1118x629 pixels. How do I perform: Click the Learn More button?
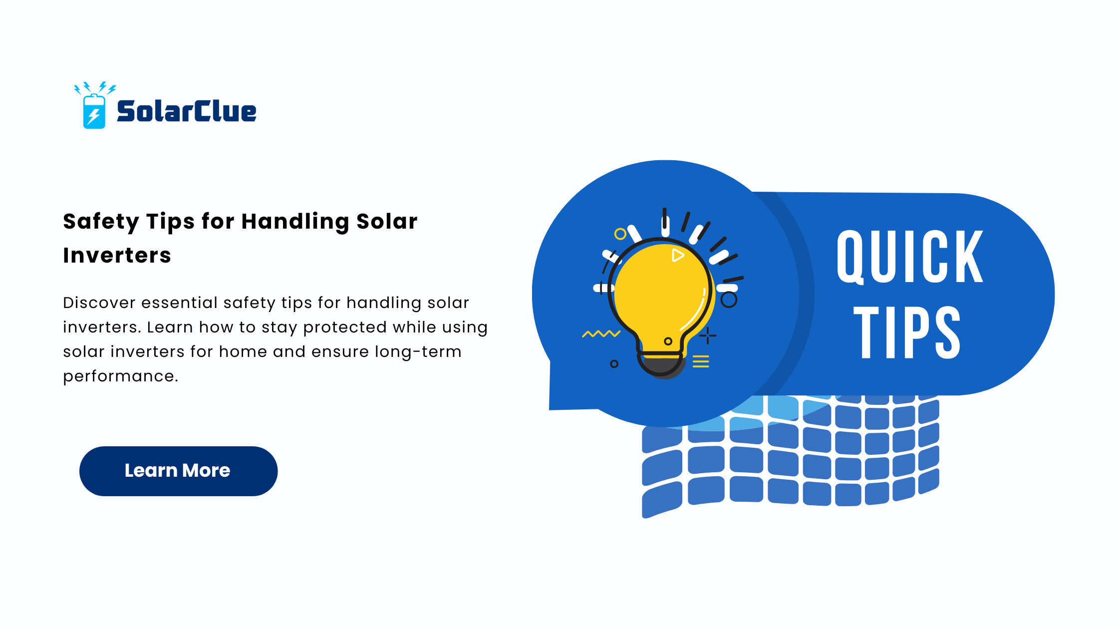coord(178,471)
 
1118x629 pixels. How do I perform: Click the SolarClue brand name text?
coord(187,111)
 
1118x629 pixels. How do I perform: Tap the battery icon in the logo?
coord(94,111)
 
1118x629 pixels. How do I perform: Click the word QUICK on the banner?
coord(909,257)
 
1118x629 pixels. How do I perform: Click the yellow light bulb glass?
coord(661,295)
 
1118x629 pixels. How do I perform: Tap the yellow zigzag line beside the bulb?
coord(601,333)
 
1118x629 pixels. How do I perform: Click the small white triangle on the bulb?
coord(677,255)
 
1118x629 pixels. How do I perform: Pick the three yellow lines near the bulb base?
coord(701,361)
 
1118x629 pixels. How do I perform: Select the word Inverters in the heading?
coord(117,256)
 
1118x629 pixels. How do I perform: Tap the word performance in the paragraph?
coord(120,376)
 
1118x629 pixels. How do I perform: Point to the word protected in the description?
coord(345,327)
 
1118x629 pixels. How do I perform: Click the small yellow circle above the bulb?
coord(620,234)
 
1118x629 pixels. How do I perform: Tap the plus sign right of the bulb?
coord(707,335)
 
